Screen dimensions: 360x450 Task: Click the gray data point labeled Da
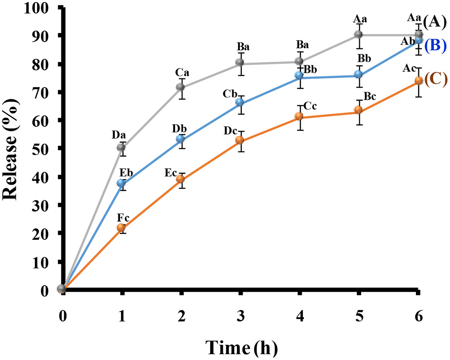tap(122, 147)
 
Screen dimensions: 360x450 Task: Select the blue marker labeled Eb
tap(122, 183)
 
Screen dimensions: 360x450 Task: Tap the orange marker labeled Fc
tap(122, 228)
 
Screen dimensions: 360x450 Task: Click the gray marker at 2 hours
tap(181, 87)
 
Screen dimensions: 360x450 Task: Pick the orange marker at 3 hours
tap(240, 140)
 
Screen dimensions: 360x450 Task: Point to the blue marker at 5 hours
tap(358, 74)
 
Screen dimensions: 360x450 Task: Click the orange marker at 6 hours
tap(418, 81)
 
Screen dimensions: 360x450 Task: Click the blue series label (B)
tap(435, 46)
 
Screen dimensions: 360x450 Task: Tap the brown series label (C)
tap(435, 79)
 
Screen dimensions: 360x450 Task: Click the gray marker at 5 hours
tap(358, 35)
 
